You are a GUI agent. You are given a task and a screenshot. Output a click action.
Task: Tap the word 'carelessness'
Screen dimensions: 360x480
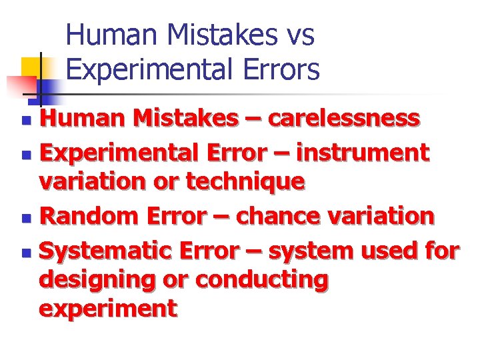click(x=344, y=119)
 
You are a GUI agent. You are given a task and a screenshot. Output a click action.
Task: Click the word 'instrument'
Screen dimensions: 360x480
click(x=363, y=153)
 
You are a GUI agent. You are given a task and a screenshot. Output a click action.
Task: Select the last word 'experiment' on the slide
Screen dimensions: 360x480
click(x=108, y=309)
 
